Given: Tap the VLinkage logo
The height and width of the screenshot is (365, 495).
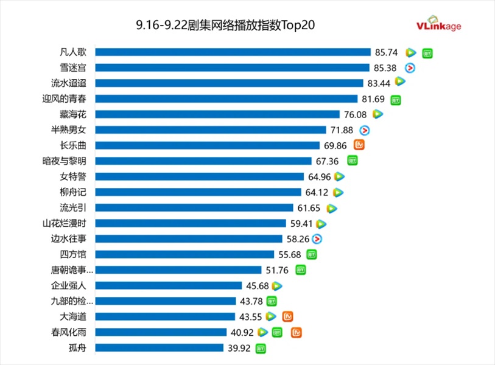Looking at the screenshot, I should click(438, 24).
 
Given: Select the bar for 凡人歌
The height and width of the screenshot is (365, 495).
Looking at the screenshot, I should click(233, 52).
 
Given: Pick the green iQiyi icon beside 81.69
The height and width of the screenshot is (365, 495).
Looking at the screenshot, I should click(396, 99).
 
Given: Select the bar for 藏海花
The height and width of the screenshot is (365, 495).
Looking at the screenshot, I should click(217, 114).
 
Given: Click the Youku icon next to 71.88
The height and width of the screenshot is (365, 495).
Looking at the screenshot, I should click(365, 130).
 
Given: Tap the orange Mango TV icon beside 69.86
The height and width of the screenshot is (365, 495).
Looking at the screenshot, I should click(359, 145).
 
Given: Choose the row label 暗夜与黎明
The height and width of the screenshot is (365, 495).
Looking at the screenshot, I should click(69, 161).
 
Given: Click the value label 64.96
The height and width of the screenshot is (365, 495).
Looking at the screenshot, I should click(320, 177).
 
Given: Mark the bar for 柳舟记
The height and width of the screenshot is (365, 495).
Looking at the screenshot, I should click(198, 192).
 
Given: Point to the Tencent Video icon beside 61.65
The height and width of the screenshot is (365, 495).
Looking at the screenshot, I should click(332, 209).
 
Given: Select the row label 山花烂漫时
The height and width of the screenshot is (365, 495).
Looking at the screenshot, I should click(69, 223).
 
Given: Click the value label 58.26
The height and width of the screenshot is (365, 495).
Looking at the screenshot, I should click(298, 240).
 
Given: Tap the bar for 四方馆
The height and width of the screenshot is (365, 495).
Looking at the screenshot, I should click(185, 254).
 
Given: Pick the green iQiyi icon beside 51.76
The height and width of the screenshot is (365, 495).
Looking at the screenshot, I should click(301, 269).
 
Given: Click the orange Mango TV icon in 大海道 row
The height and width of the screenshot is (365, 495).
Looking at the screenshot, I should click(288, 316).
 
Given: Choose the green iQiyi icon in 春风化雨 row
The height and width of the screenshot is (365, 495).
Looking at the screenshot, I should click(278, 332).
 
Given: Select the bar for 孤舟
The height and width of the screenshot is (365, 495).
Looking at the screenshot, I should click(160, 348).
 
